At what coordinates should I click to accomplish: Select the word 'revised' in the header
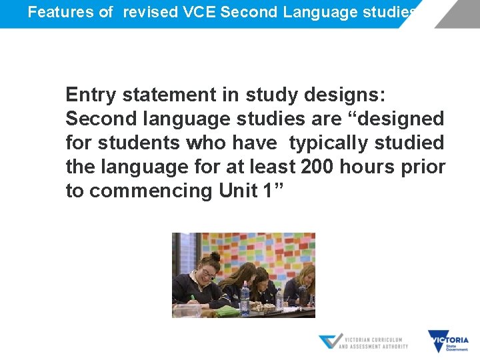[x=149, y=12]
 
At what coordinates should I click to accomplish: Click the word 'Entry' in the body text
[x=91, y=95]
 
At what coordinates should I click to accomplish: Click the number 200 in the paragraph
[x=317, y=167]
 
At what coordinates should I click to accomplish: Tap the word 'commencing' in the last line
[x=151, y=191]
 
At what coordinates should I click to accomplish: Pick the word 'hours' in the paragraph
[x=367, y=167]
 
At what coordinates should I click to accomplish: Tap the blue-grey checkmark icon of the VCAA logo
[x=330, y=341]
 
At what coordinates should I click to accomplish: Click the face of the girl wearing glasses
[x=208, y=273]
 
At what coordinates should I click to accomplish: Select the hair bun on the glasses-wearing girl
[x=215, y=257]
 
